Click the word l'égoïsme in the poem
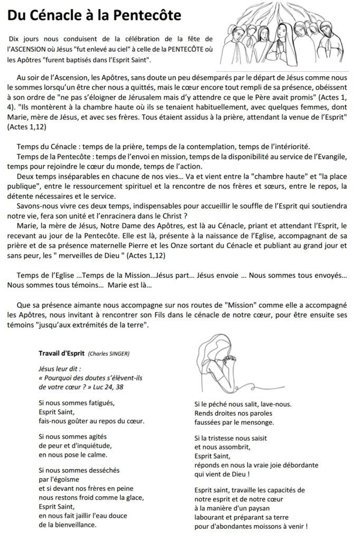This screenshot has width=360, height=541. point(58,479)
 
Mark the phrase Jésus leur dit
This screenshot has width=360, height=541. point(60,368)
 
